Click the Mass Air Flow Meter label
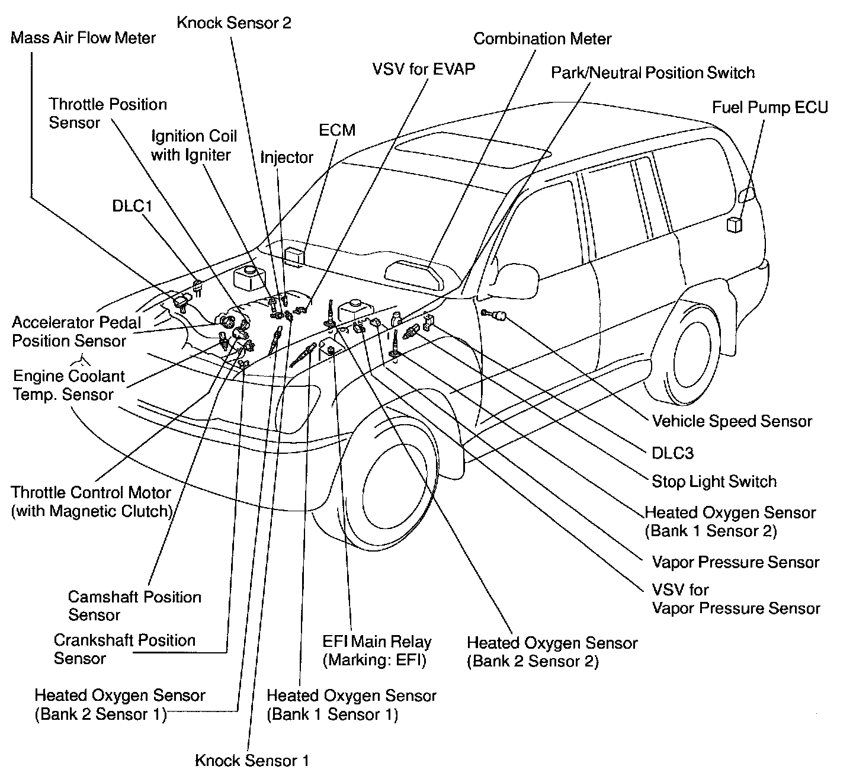tap(83, 39)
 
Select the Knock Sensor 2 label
tap(234, 23)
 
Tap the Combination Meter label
tap(542, 39)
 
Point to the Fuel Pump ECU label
tap(769, 107)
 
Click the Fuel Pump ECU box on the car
tap(735, 225)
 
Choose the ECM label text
tap(337, 130)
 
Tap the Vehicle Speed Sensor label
tap(732, 421)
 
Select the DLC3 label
tap(672, 453)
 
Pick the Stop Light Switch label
tap(714, 481)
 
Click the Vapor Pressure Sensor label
tap(735, 562)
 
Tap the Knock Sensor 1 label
tap(252, 760)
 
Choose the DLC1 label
tap(132, 206)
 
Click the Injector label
tap(287, 157)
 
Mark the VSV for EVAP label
tap(424, 69)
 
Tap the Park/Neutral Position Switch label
tap(652, 73)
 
